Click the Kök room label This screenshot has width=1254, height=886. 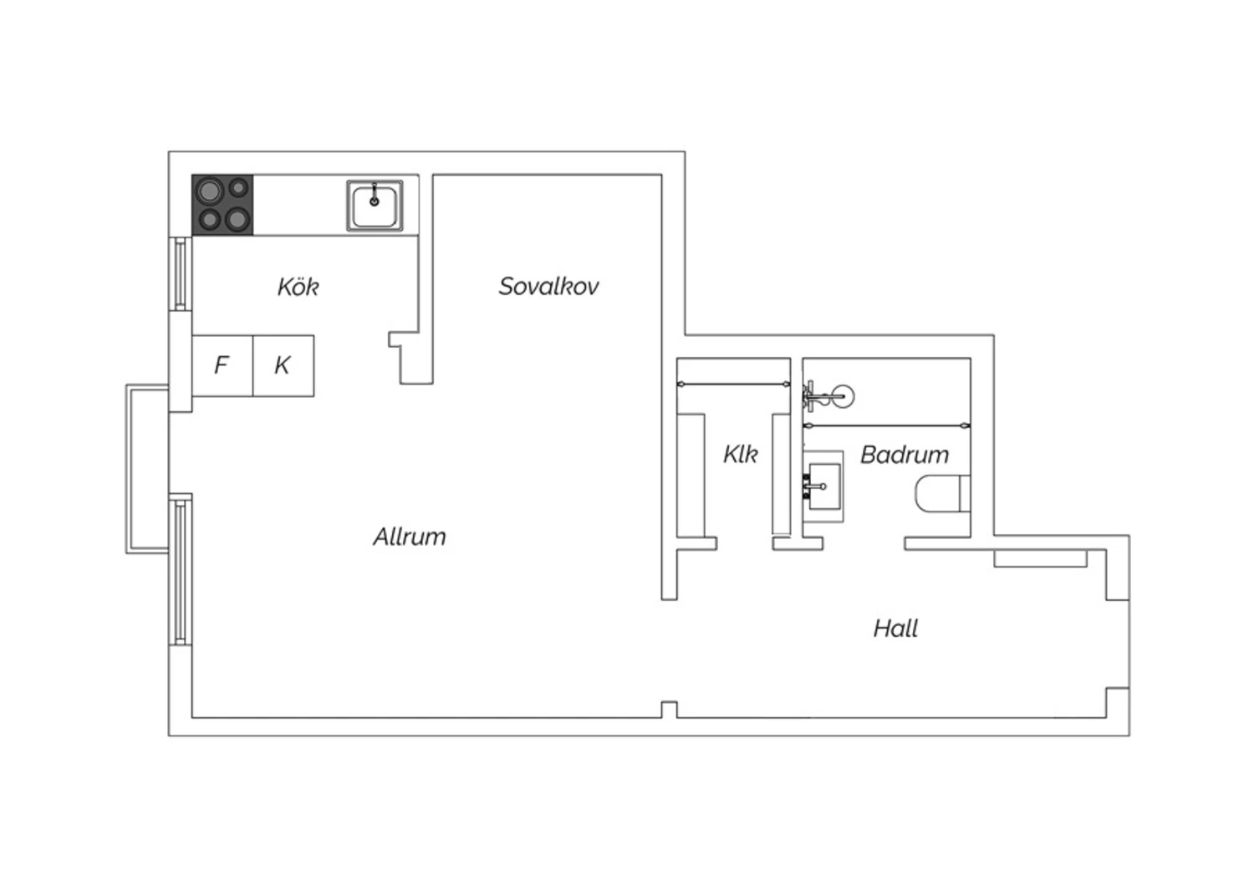click(298, 287)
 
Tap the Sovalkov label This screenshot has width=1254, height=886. click(548, 286)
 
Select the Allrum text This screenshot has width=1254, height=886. click(410, 537)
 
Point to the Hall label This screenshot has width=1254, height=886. click(895, 629)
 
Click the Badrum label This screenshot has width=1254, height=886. click(905, 455)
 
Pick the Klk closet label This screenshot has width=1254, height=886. click(740, 454)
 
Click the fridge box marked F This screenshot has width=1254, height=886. click(222, 366)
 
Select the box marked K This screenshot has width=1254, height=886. click(283, 366)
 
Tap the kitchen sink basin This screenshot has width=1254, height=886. click(375, 206)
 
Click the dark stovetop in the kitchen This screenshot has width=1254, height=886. click(222, 205)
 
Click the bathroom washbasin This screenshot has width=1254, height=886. click(823, 486)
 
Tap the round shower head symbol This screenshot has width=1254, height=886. click(843, 396)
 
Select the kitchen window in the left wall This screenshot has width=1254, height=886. click(181, 273)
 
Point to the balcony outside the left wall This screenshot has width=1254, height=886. click(147, 469)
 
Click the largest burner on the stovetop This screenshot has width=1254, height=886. click(209, 191)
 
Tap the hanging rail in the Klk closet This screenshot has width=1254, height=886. click(733, 384)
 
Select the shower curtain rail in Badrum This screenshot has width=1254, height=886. click(887, 426)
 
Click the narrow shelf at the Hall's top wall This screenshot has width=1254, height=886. click(1040, 558)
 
